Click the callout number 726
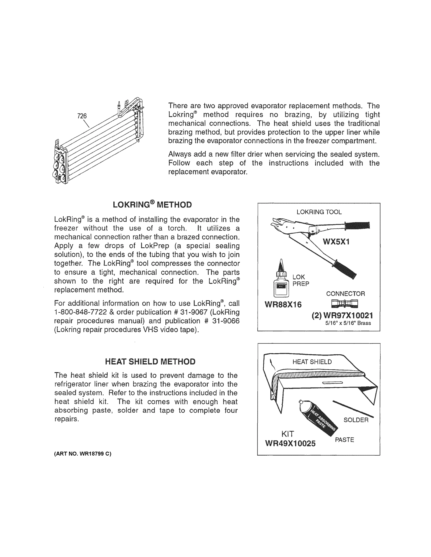[x=82, y=116]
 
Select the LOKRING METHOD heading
[x=152, y=204]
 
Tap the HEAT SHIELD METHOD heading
[x=150, y=361]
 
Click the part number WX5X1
[x=336, y=241]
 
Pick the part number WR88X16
[x=283, y=304]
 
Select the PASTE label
[x=344, y=440]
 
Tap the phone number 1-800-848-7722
[x=80, y=312]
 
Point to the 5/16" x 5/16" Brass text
[x=348, y=323]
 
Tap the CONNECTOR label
[x=345, y=294]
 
